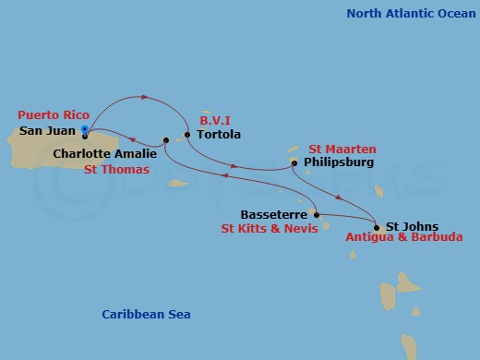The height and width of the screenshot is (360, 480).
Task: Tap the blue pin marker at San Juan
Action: point(85,130)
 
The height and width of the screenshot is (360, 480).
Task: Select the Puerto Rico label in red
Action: point(53,115)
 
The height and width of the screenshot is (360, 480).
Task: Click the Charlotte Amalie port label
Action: point(104,154)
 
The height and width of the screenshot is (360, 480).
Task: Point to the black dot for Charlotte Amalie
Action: point(166,141)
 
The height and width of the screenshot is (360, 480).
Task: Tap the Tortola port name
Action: point(219,135)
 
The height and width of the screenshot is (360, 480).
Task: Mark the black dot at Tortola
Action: point(187,135)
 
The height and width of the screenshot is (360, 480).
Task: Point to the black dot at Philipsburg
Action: point(294,163)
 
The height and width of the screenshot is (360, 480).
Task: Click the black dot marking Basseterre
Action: point(317,214)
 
